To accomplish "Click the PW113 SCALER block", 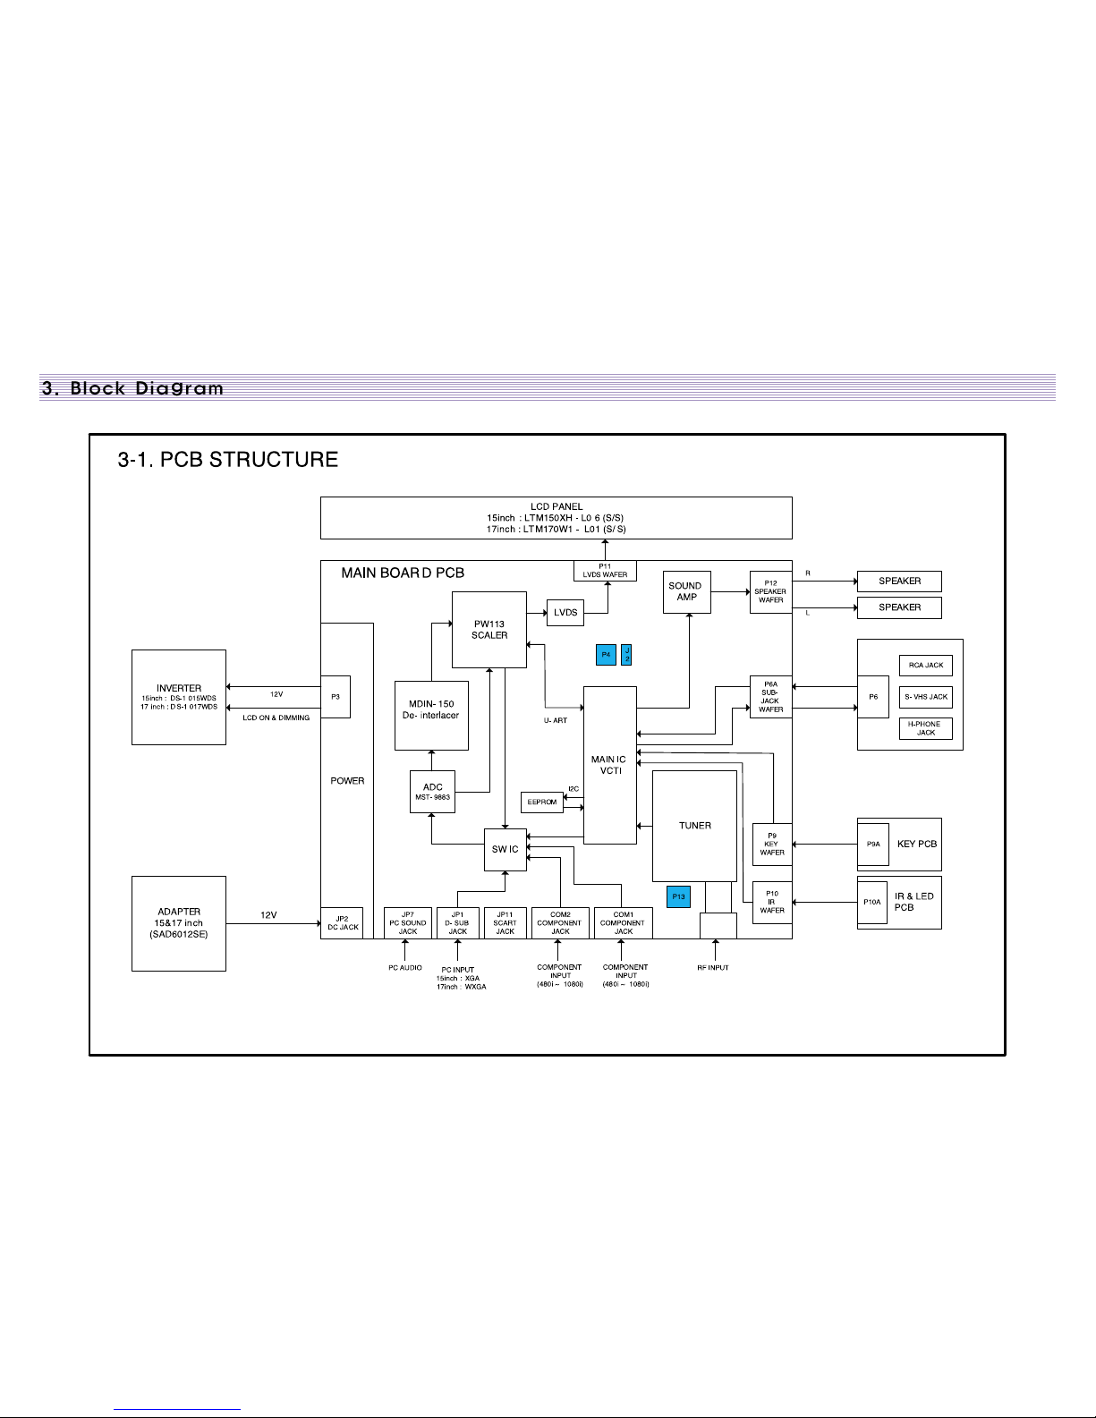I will (x=489, y=629).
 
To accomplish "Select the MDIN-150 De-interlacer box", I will (x=431, y=715).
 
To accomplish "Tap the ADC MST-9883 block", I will (x=432, y=792).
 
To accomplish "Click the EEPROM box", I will (x=542, y=802).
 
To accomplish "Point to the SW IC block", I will (x=505, y=849).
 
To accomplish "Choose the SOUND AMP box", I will (x=686, y=591).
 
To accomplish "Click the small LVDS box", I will (x=565, y=613).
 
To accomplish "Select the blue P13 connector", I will (x=678, y=896).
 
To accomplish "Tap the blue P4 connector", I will (x=606, y=655).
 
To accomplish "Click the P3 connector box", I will (x=335, y=696).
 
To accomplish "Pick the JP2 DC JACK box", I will (x=342, y=922).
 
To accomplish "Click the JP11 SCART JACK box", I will (x=505, y=923).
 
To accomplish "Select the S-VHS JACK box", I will (x=925, y=697).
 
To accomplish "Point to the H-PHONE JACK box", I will (x=925, y=728).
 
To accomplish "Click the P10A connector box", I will (x=872, y=903).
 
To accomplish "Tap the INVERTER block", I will (x=178, y=697).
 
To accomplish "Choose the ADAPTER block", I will (x=178, y=923).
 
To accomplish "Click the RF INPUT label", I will (x=712, y=968).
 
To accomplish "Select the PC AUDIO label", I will (x=405, y=968).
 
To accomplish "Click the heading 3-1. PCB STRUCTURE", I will (x=228, y=460).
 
